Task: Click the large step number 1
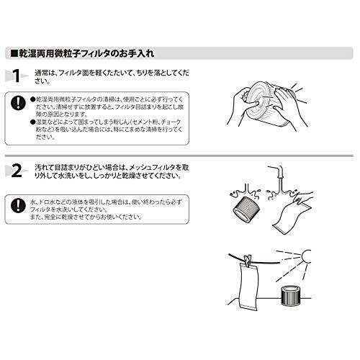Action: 17,76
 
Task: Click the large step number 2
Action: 17,171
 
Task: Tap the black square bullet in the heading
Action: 14,53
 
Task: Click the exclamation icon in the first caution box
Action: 18,102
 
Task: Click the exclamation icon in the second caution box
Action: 18,205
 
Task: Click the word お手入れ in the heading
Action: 137,53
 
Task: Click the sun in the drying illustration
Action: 306,256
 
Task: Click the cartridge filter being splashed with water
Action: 247,209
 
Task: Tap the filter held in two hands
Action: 264,103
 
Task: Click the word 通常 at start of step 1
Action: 41,73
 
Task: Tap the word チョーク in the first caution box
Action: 171,122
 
